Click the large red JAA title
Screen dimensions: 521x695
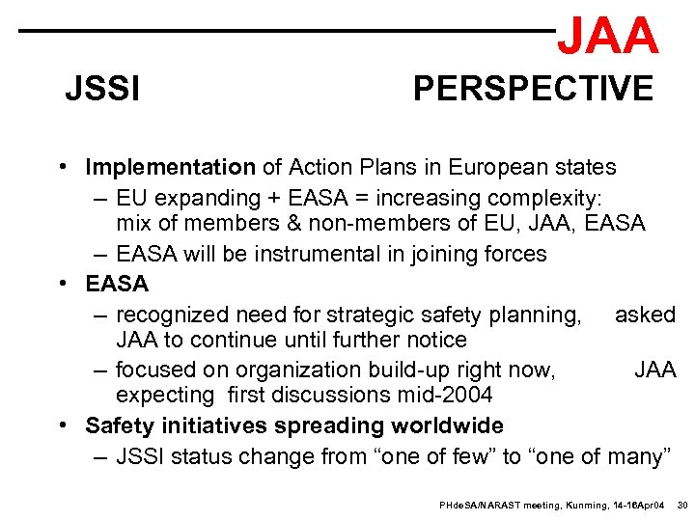pos(608,35)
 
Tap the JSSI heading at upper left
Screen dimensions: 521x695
pos(102,90)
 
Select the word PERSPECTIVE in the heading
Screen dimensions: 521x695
pos(533,89)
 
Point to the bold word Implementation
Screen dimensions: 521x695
pos(170,167)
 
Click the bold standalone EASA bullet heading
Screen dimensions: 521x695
pos(117,284)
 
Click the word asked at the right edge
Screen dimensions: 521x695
pos(645,314)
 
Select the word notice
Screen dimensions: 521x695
pos(433,340)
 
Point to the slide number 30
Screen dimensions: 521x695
pos(681,505)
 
